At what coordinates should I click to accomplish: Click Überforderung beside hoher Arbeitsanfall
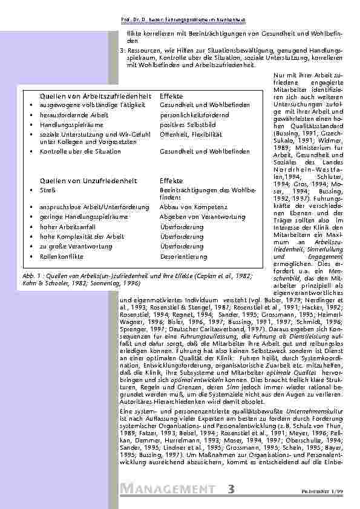tap(182, 227)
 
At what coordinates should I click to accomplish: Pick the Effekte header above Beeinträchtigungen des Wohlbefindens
tap(171, 180)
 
